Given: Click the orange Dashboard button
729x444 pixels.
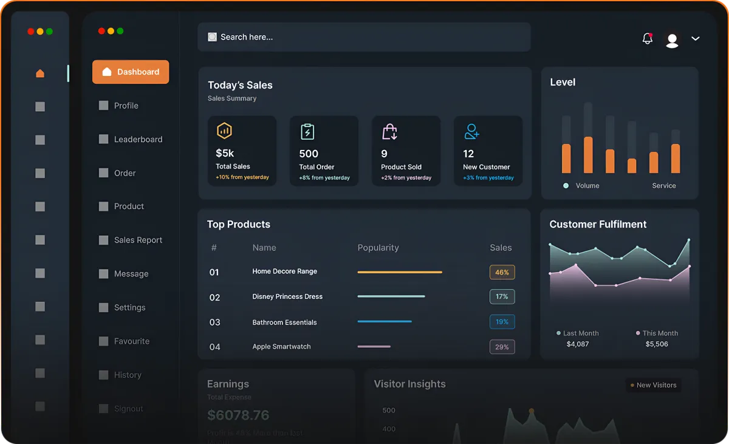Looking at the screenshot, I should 131,72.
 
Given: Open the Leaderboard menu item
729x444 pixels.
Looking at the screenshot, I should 138,139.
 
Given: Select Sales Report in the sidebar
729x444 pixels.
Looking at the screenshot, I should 138,240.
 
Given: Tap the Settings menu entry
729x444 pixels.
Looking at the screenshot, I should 129,307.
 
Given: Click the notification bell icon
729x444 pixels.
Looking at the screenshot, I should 647,39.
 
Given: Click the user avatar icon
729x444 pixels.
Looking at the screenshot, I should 672,40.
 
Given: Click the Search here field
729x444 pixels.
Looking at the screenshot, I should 364,37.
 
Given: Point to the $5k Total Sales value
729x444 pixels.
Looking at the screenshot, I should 225,153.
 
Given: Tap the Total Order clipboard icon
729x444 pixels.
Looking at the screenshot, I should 308,131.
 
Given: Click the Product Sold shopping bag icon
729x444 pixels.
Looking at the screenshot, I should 389,131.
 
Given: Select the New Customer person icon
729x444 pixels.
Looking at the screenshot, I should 471,131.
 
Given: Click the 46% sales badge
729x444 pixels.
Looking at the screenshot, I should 502,272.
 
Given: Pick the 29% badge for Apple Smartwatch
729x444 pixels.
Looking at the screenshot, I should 502,347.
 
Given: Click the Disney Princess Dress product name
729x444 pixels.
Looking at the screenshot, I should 287,296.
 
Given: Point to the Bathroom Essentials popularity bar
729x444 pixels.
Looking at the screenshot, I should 385,321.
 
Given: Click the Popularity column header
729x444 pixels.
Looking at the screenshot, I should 378,248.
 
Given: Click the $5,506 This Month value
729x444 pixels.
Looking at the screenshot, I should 657,344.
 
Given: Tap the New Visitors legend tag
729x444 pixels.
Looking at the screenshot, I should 653,385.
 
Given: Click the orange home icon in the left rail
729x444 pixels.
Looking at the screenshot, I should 40,73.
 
